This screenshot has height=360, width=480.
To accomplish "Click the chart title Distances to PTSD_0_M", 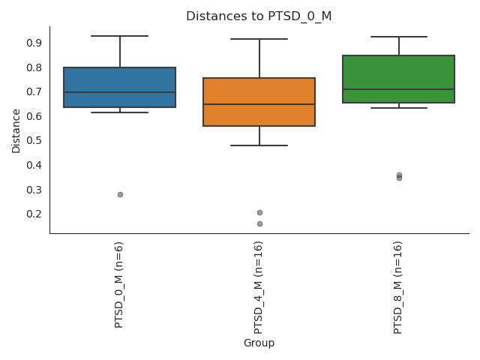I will click(259, 16).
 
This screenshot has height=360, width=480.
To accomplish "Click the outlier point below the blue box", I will click(120, 194).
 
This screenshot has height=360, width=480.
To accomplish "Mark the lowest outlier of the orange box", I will click(259, 223).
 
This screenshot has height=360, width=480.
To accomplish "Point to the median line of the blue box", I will click(120, 92).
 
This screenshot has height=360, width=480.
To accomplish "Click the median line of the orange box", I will click(259, 104).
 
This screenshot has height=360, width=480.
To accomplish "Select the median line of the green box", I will click(398, 89).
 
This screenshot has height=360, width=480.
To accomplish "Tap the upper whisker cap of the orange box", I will click(259, 39).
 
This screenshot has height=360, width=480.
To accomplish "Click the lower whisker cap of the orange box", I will click(259, 145).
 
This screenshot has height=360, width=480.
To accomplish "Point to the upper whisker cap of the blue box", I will click(120, 36).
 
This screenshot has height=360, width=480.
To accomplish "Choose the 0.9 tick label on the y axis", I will click(34, 43).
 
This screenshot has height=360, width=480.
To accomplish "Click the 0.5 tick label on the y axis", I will click(34, 140).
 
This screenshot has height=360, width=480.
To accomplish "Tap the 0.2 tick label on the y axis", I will click(34, 214).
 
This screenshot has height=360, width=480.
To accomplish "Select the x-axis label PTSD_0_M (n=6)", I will click(119, 284).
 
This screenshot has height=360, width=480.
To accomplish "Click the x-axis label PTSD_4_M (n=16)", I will click(259, 287).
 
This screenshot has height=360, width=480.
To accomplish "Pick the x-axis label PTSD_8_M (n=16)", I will click(398, 287).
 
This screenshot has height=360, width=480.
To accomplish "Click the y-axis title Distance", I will click(16, 130).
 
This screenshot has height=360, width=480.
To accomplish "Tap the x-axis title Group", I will click(259, 343).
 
